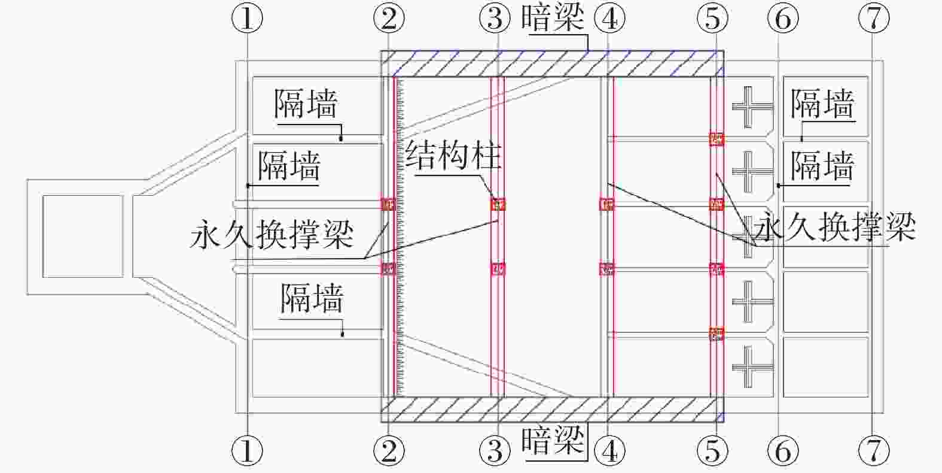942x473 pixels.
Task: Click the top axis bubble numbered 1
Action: [246, 20]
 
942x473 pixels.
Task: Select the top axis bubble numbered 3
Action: [495, 20]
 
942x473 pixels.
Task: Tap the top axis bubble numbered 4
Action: [609, 20]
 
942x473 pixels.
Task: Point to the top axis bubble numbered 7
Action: [873, 20]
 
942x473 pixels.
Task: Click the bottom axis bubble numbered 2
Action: [389, 450]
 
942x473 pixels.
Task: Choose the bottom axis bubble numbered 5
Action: [712, 450]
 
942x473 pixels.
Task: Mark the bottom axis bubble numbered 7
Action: [873, 450]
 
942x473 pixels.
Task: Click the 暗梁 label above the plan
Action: [552, 18]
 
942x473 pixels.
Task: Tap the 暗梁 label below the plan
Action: [552, 443]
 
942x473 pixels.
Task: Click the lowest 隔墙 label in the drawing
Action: [312, 298]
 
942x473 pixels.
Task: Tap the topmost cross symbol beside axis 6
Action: [750, 107]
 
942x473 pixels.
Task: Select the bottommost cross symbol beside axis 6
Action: [750, 366]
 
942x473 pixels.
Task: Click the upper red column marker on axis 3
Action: [498, 205]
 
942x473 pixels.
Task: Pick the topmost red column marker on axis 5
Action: [717, 139]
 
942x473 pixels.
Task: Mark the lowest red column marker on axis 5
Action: [717, 333]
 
